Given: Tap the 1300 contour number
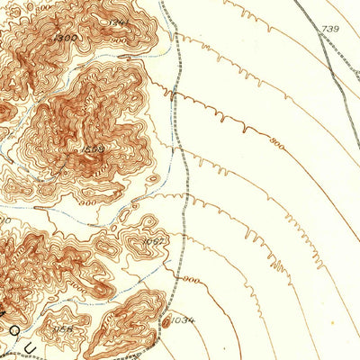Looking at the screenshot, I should (65, 38).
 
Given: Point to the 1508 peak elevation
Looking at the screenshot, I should (93, 149).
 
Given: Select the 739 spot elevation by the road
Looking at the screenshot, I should (330, 30).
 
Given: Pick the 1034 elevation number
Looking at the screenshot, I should (184, 320).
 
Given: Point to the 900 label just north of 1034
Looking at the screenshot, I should (191, 280).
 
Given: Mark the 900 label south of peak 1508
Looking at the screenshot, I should (88, 203).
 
